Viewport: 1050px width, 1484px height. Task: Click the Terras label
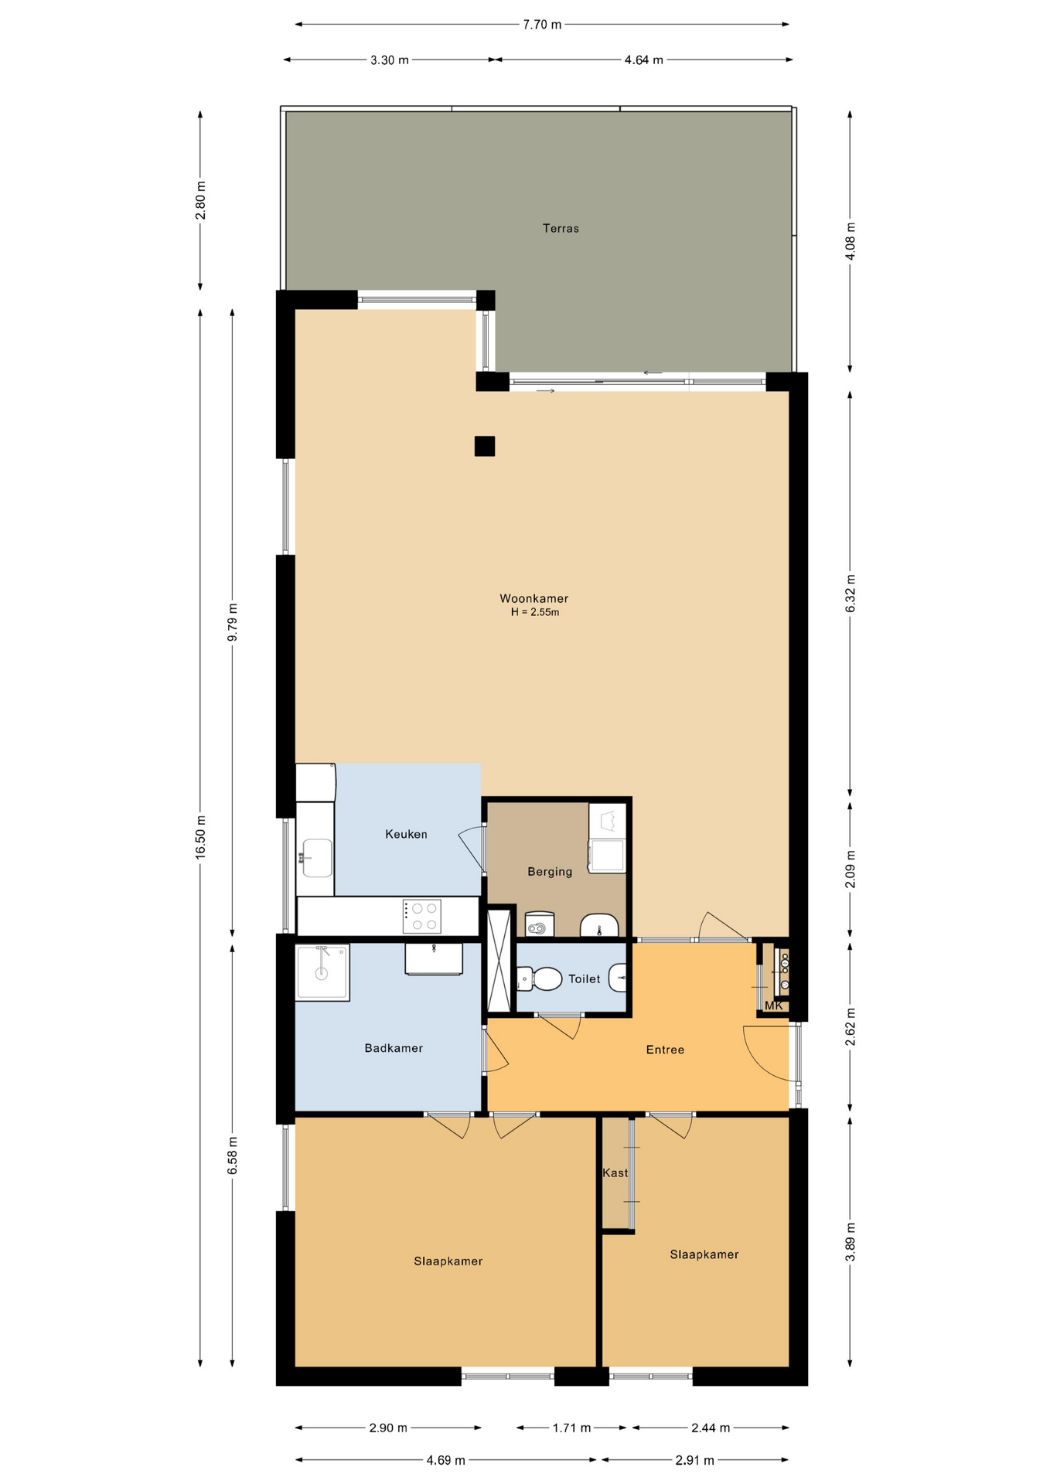(x=561, y=228)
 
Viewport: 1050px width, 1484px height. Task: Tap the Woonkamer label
(x=534, y=598)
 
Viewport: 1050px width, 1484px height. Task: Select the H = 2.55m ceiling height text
(x=534, y=612)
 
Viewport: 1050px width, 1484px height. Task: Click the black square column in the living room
(x=485, y=446)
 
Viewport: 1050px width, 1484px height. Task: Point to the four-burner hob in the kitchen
(x=422, y=916)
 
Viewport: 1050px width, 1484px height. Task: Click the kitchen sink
(x=317, y=858)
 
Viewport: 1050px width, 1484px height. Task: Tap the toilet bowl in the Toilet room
(x=544, y=979)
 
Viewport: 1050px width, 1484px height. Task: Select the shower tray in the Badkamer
(x=322, y=972)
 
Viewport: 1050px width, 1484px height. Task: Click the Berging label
(x=550, y=872)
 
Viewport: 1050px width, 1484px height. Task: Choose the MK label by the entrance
(x=774, y=1006)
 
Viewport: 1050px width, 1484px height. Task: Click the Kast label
(x=615, y=1173)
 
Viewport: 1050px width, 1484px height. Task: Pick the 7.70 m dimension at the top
(x=542, y=25)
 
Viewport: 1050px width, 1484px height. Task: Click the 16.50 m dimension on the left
(x=200, y=837)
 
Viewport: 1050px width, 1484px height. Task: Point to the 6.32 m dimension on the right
(x=851, y=594)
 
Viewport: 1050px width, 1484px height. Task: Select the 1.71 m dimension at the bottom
(x=571, y=1428)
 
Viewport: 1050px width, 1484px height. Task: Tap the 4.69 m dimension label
(x=445, y=1460)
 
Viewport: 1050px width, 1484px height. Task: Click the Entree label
(x=665, y=1050)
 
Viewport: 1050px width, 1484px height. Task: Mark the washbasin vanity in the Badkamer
(x=434, y=959)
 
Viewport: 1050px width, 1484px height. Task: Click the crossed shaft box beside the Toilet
(x=499, y=961)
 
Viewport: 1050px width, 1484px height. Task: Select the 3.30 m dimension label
(x=389, y=60)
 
